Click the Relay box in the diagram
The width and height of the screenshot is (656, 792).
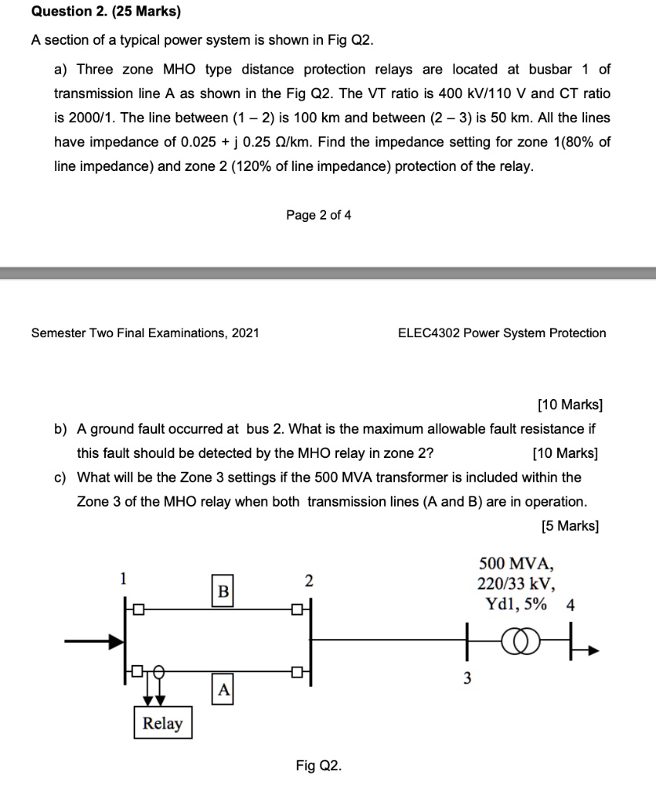coord(162,723)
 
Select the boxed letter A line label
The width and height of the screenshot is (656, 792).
coord(223,688)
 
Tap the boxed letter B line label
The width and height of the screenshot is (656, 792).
coord(223,592)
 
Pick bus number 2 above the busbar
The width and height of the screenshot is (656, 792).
coord(309,580)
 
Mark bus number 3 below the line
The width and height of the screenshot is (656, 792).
coord(467,678)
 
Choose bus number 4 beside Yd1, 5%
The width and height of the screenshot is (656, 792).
coord(570,605)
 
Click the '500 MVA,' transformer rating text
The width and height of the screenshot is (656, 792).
coord(515,564)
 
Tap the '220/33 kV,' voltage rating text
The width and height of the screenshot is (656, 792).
coord(515,584)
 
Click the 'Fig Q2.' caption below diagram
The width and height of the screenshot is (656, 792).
coord(318,766)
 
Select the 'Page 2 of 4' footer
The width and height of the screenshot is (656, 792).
coord(318,215)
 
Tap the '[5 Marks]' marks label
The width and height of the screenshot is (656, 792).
coord(570,526)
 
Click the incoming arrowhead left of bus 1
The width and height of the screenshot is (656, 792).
coord(116,641)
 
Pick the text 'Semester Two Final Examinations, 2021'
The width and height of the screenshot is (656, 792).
coord(145,333)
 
